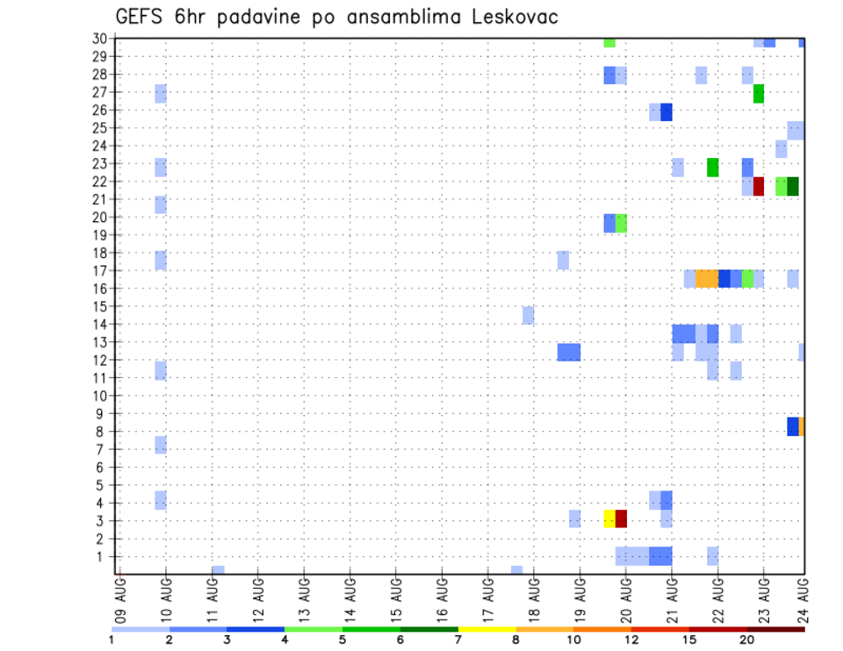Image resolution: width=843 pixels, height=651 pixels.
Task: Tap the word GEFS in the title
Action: [142, 17]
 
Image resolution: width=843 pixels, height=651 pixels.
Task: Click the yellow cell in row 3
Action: [609, 519]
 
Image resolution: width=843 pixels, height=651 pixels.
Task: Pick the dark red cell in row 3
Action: [621, 519]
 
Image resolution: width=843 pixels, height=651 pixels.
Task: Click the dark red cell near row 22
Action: [759, 186]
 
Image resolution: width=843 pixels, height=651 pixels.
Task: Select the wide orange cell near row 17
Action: [706, 278]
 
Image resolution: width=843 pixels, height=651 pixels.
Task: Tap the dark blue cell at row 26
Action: [666, 111]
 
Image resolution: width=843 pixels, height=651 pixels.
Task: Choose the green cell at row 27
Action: [759, 94]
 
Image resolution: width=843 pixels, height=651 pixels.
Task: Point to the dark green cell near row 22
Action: [793, 186]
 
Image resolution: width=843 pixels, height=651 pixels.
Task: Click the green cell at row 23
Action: [712, 167]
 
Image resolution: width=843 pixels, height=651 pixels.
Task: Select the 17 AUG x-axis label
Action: [488, 597]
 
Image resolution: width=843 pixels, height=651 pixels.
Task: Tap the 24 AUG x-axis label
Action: [803, 597]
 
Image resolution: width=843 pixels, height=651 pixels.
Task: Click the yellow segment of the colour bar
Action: [486, 629]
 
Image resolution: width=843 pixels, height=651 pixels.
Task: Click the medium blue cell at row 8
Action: [793, 426]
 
